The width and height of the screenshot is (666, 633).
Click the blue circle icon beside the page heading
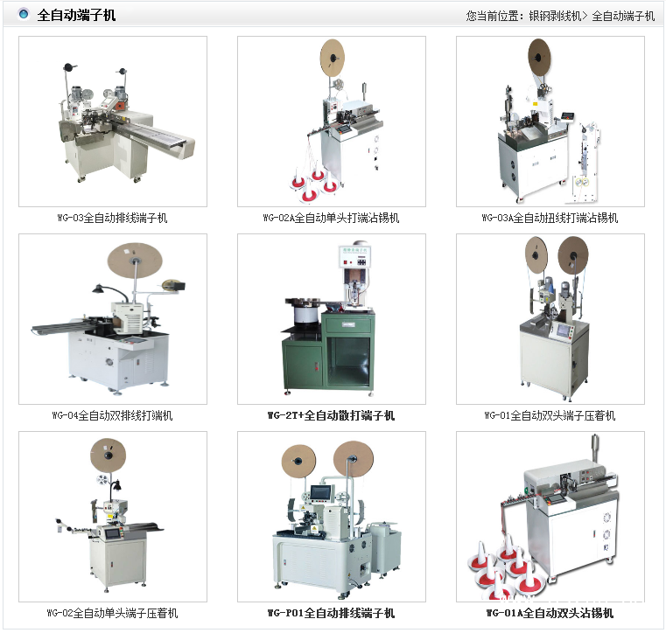coord(24,14)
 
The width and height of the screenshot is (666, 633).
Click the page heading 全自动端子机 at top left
coord(76,15)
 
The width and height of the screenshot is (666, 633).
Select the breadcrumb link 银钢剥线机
coord(555,16)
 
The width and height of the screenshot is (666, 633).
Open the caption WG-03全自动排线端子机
coord(113,218)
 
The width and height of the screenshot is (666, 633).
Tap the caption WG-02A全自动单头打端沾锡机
coord(332,218)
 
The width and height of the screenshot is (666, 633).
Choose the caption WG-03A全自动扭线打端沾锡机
coord(550,218)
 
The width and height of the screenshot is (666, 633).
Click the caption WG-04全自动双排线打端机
coord(113,415)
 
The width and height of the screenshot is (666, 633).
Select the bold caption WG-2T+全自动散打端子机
coord(332,415)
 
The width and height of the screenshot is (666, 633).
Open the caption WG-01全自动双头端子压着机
coord(550,415)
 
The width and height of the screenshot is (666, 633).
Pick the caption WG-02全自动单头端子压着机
coord(113,613)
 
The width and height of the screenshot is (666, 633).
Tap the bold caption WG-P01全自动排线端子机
coord(332,613)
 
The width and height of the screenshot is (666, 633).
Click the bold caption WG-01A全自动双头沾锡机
coord(550,613)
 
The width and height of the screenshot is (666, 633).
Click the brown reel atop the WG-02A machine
coord(333,58)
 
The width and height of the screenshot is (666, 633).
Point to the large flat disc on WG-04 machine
coord(135,261)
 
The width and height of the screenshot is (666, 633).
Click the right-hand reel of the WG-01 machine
coord(572,255)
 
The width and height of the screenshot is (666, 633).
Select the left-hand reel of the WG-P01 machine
coord(299,461)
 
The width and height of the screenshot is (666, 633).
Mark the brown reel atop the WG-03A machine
coord(539,58)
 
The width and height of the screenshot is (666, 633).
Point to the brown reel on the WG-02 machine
coord(109,455)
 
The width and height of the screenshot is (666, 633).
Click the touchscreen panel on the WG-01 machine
coord(564,330)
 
